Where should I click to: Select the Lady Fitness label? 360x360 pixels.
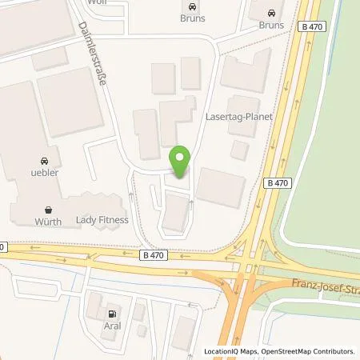click(102, 218)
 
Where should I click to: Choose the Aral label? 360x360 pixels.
click(112, 326)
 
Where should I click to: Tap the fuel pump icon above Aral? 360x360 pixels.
click(112, 314)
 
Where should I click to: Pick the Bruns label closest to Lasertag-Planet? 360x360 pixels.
click(271, 25)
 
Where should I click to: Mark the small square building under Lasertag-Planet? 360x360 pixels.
click(238, 150)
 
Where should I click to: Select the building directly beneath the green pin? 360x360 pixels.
click(176, 213)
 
